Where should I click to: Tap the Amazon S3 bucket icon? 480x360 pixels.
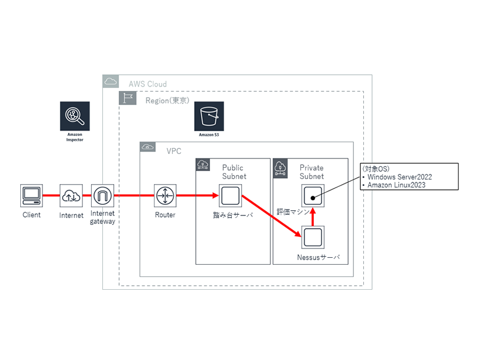(209, 116)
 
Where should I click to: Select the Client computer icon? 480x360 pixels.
(31, 196)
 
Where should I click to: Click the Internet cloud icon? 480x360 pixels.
(71, 196)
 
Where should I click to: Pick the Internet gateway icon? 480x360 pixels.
(103, 196)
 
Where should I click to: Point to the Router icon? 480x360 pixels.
(165, 196)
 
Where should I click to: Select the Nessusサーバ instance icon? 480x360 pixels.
(313, 237)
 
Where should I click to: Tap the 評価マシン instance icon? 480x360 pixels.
(313, 196)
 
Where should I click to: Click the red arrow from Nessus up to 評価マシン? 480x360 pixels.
(313, 217)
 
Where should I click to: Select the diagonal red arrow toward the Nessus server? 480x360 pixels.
(271, 217)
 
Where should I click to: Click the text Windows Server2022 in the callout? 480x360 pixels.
(400, 177)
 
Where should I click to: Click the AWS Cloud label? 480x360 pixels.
(147, 84)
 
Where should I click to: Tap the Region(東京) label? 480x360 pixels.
(167, 100)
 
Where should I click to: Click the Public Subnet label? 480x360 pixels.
(234, 172)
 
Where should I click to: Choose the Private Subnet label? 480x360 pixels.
(311, 172)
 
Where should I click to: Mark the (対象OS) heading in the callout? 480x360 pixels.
(375, 168)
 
